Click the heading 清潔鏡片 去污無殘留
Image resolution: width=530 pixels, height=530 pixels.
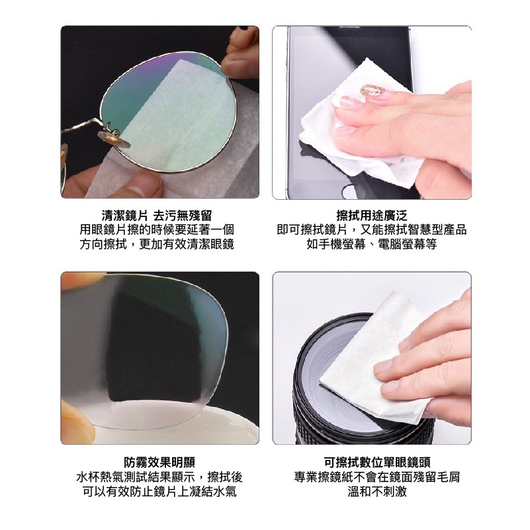[x=157, y=215]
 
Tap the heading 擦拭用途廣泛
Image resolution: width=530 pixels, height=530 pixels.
[x=372, y=215]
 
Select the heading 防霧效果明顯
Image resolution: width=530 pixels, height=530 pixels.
[x=159, y=462]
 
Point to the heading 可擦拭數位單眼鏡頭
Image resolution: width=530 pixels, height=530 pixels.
[x=377, y=462]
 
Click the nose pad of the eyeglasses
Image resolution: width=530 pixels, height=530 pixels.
[x=114, y=138]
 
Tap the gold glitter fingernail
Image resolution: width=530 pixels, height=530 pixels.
[x=373, y=90]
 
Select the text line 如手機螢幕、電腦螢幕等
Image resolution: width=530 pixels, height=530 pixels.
[x=372, y=243]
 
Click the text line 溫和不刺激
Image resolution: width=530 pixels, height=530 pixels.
[x=377, y=491]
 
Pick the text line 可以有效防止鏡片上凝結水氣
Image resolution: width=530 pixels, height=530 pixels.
[x=159, y=491]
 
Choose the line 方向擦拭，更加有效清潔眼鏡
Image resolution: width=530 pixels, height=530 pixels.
[x=157, y=243]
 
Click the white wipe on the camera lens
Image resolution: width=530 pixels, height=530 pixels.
[x=375, y=355]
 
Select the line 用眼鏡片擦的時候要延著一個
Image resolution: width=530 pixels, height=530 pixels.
[x=157, y=230]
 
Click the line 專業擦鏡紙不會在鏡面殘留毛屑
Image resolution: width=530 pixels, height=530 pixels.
[x=377, y=476]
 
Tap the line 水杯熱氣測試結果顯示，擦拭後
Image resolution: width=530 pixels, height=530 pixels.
[x=159, y=476]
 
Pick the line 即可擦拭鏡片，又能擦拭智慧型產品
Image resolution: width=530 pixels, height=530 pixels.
[x=372, y=230]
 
